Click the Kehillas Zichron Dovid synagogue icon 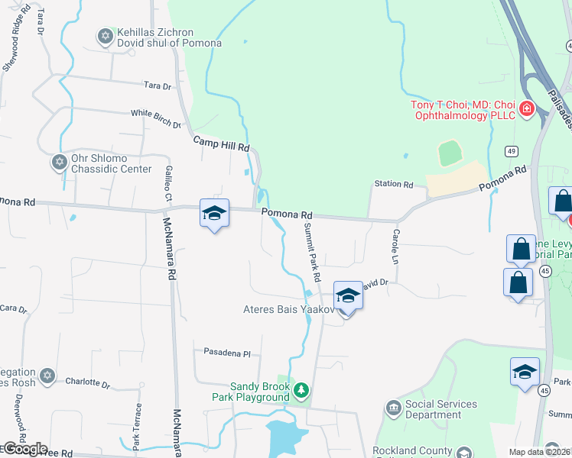tap(105, 35)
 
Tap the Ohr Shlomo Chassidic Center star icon tap(59, 162)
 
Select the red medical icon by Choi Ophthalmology tap(526, 109)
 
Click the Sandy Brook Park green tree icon tap(301, 390)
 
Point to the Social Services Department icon tap(394, 408)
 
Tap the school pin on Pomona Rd tap(214, 213)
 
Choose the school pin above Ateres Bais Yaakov tap(348, 295)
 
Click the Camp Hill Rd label tap(221, 142)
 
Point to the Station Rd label tap(393, 185)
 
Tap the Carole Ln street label tap(396, 242)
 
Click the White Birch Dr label tap(156, 118)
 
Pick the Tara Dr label tap(158, 86)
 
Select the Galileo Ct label tap(167, 184)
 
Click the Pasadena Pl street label tap(227, 353)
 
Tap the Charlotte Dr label tap(88, 382)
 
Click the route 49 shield tap(512, 151)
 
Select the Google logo tap(24, 449)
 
